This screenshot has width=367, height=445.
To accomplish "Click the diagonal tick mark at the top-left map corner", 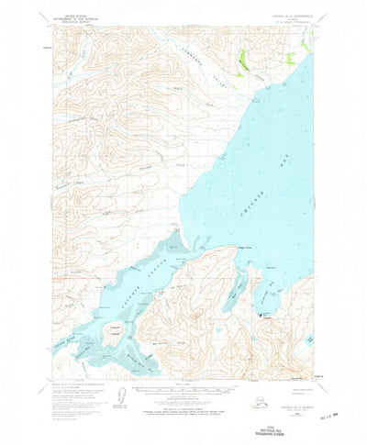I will coord(53,37).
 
